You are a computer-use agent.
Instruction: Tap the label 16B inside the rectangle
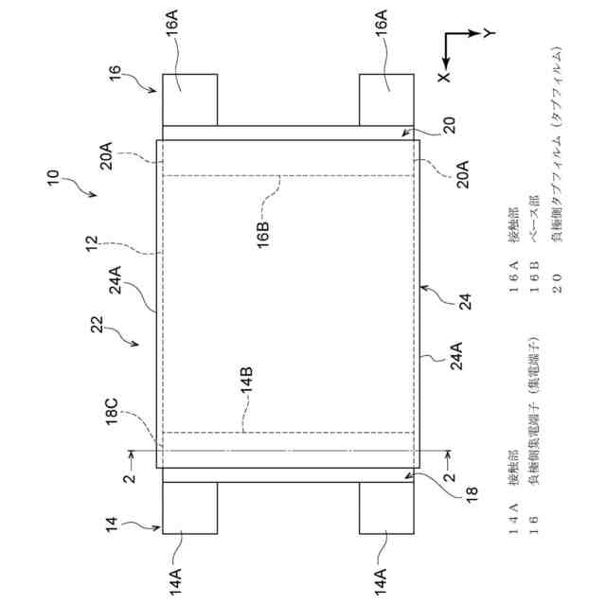click(x=264, y=230)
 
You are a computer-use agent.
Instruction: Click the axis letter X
click(x=445, y=72)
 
